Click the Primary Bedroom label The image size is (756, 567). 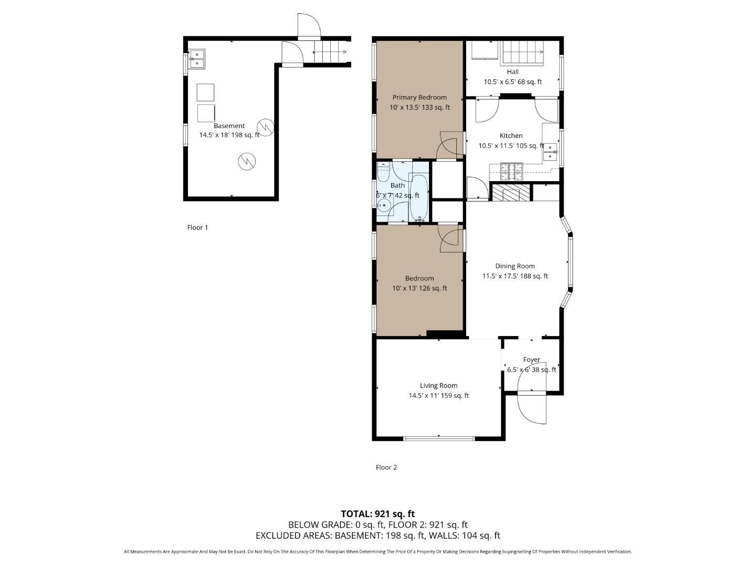[419, 97]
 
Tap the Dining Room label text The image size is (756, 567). [514, 266]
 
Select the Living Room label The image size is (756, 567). [438, 385]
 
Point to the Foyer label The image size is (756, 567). [531, 360]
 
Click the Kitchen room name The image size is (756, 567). [511, 135]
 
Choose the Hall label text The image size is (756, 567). [512, 72]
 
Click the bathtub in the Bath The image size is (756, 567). [419, 197]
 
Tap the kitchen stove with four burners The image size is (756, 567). [511, 172]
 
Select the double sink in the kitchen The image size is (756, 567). [550, 151]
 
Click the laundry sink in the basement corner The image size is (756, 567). [197, 59]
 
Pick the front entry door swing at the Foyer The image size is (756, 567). [532, 407]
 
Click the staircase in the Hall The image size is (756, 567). [522, 52]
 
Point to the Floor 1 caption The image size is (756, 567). [197, 227]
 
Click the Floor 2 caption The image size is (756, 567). [386, 467]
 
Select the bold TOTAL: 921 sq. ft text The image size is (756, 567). [377, 513]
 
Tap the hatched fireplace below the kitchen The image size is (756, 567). [510, 192]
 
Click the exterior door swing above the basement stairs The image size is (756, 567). [308, 26]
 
